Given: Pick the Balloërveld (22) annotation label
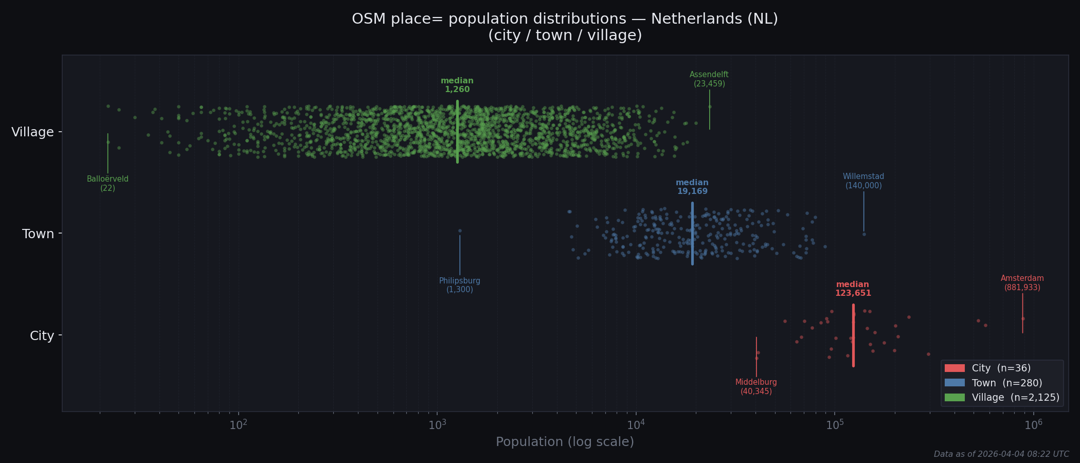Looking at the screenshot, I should (x=107, y=184).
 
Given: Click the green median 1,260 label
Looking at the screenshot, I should (x=457, y=85).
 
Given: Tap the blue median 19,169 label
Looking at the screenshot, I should (x=692, y=187).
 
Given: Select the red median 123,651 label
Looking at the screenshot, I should (x=853, y=289).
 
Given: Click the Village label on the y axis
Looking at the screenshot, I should (x=32, y=132).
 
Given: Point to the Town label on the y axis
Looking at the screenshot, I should (x=38, y=234).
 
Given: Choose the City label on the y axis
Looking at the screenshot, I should (x=42, y=336).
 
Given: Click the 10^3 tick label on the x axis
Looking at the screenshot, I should (x=437, y=425).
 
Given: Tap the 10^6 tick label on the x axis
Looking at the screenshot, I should (x=1033, y=425).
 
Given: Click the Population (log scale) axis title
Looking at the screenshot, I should (x=565, y=442).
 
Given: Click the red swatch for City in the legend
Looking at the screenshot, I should (x=955, y=368).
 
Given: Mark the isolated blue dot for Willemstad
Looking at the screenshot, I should (x=864, y=234).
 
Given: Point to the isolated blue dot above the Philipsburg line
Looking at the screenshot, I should (x=460, y=230).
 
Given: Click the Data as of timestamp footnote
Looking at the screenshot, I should (x=1001, y=454).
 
